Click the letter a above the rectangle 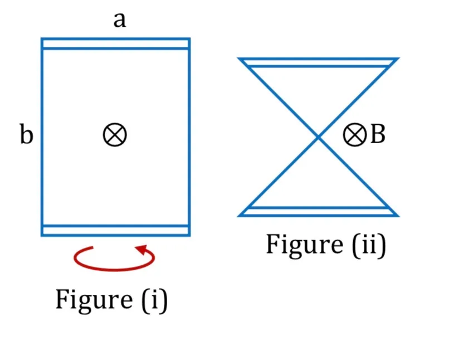(120, 21)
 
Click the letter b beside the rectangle (26, 134)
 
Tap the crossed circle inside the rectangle (115, 135)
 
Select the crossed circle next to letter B (354, 134)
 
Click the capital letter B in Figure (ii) (378, 134)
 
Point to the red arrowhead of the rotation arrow (141, 250)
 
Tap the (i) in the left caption (154, 300)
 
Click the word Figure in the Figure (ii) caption (305, 245)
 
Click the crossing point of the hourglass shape (318, 137)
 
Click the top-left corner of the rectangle (42, 38)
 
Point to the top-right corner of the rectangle (190, 38)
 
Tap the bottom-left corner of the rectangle (42, 235)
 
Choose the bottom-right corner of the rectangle (190, 235)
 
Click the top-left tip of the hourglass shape (238, 59)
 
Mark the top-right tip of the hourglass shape (398, 59)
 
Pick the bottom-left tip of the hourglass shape (238, 216)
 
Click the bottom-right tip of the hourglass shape (398, 216)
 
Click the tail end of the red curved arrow (92, 247)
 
